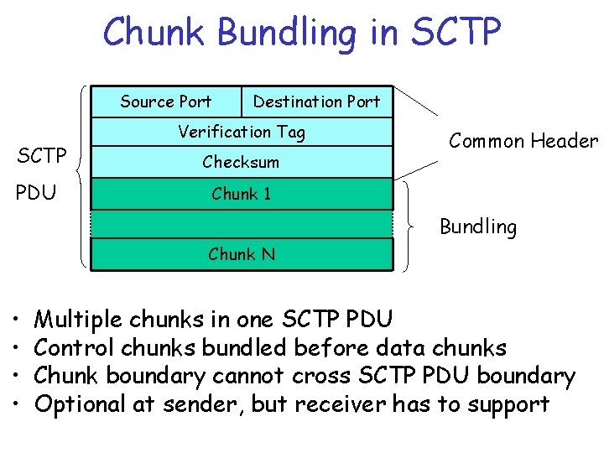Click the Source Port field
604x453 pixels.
pos(166,102)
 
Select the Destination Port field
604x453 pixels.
pos(317,102)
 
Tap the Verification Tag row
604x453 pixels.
pos(242,132)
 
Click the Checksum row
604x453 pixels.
pos(242,162)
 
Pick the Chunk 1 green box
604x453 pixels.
pos(242,194)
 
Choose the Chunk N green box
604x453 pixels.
pos(242,254)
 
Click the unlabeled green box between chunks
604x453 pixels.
pos(242,224)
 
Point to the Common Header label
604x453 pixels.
pos(523,141)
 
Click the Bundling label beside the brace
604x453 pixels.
pos(478,226)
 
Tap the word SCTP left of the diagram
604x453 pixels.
pos(42,156)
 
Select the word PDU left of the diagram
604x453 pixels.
pos(37,194)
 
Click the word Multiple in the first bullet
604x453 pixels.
pos(77,320)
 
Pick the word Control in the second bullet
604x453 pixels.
pos(74,347)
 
